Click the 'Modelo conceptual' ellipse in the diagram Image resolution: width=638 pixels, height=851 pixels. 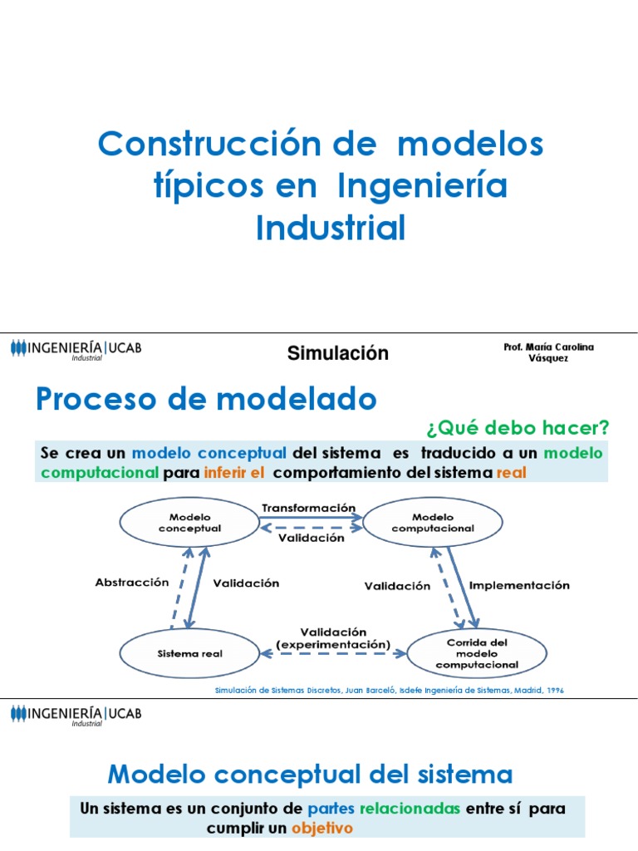pos(189,523)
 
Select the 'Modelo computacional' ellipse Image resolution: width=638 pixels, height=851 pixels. pos(433,523)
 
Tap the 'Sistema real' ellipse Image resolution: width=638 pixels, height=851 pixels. pos(189,653)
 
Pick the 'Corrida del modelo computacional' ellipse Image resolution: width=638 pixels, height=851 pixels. pos(477,653)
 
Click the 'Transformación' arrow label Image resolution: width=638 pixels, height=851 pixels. pos(308,508)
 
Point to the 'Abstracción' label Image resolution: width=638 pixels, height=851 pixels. pos(132,583)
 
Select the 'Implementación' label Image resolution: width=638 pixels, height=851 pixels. pos(519,585)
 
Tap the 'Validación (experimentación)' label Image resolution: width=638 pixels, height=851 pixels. pos(333,638)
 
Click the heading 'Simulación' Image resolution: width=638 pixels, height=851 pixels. pos(337,353)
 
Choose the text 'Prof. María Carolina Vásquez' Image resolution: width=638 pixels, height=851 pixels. pos(548,352)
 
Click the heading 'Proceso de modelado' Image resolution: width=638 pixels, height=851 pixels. pos(206,400)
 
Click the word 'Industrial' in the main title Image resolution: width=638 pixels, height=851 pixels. pos(331,228)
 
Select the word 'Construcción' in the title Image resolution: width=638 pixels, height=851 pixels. pos(215,145)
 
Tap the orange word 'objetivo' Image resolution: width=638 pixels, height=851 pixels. pos(322,829)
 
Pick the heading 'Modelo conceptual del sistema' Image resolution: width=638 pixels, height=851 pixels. pos(311,775)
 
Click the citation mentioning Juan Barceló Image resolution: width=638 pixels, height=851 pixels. pos(389,691)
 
